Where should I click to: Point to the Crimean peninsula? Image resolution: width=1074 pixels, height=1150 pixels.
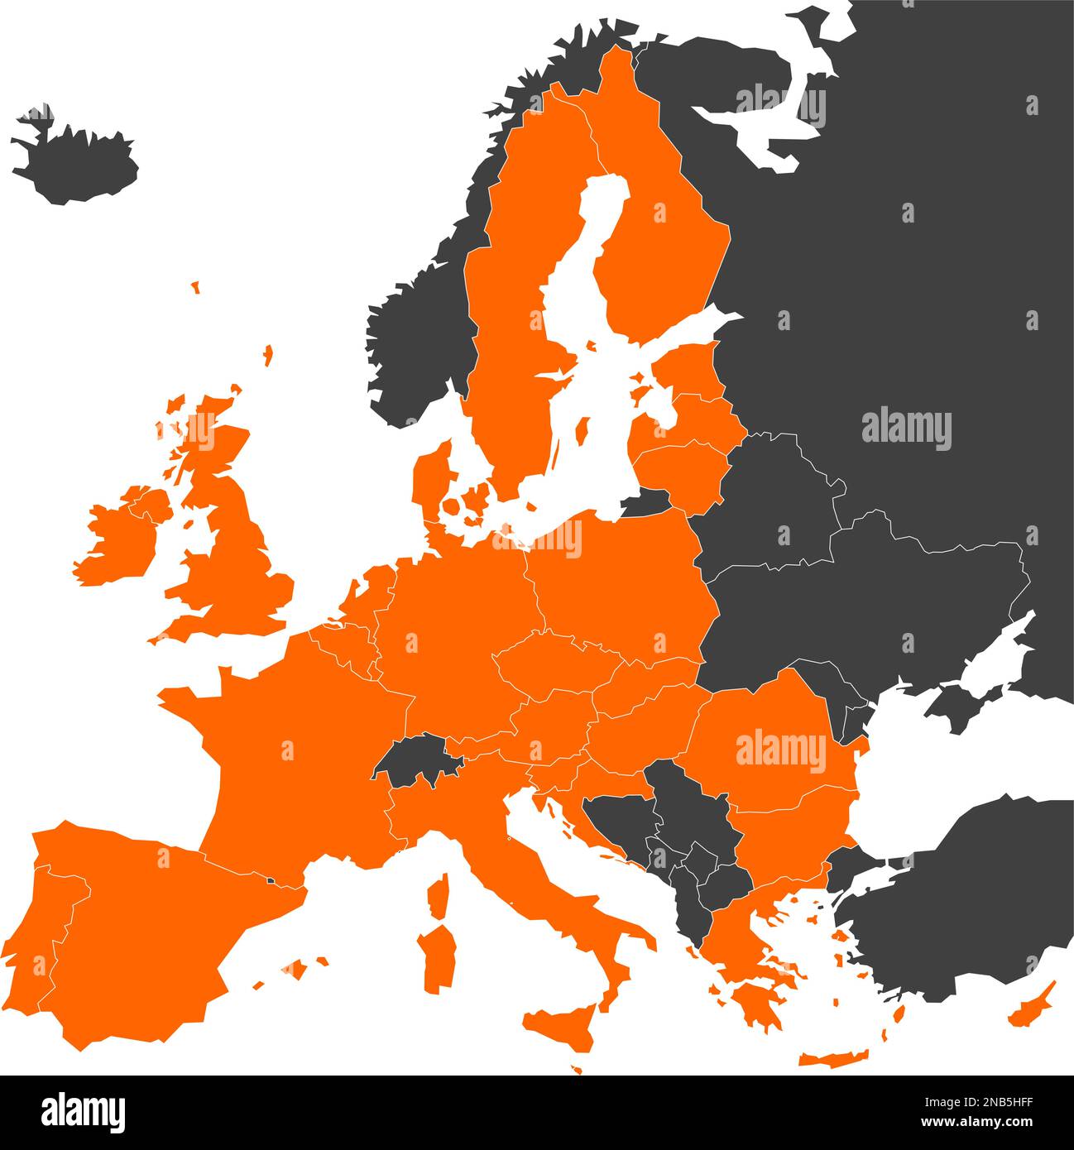pyautogui.click(x=952, y=707)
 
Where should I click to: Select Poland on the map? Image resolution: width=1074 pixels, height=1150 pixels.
pyautogui.click(x=621, y=587)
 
